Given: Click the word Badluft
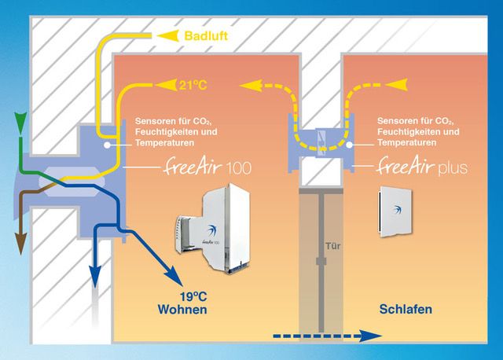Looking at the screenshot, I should click(206, 36).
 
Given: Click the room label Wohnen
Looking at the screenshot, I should click(183, 310).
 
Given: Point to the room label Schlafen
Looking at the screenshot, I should click(406, 310).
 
